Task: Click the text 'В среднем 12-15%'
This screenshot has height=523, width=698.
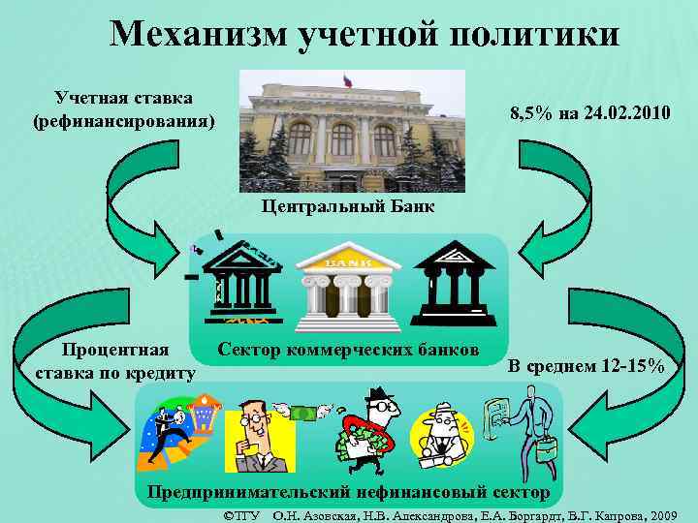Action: click(x=587, y=365)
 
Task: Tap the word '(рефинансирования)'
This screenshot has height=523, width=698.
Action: click(x=124, y=122)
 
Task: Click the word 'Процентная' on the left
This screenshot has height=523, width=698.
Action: click(x=114, y=351)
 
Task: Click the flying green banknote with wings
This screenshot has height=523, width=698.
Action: click(x=303, y=412)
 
